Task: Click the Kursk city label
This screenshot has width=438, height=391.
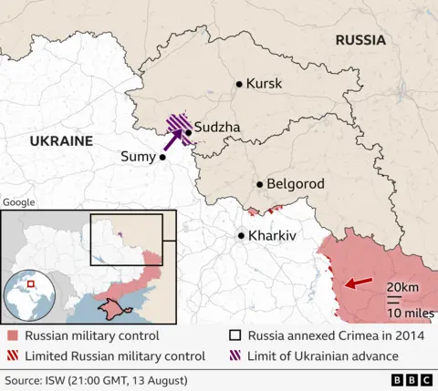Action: (x=265, y=84)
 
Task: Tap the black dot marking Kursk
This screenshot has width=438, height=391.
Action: (x=239, y=84)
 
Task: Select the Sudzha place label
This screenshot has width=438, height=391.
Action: (x=217, y=128)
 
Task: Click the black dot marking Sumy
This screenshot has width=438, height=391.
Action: (x=162, y=157)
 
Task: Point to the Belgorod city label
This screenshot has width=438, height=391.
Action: (x=296, y=184)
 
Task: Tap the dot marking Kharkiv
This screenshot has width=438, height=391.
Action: (x=241, y=235)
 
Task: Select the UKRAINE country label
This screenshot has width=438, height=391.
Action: (x=61, y=141)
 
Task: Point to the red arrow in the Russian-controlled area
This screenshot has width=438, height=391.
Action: (x=358, y=283)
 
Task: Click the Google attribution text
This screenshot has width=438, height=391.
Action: (x=18, y=202)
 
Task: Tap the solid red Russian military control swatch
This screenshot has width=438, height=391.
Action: (x=12, y=335)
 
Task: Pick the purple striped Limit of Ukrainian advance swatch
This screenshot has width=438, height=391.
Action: (x=236, y=355)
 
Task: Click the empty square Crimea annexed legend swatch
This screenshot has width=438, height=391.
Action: (x=236, y=335)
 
